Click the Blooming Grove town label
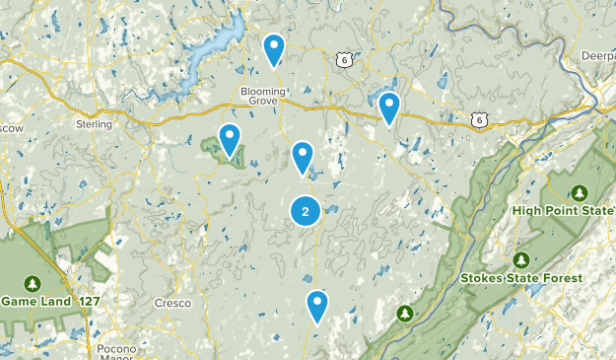click(261, 95)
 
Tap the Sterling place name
click(94, 124)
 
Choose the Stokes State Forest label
click(521, 278)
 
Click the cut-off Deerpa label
click(598, 56)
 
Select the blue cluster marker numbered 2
click(306, 210)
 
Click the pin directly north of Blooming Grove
click(274, 50)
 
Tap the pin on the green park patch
click(230, 141)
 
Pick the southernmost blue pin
click(316, 307)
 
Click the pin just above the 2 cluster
click(303, 158)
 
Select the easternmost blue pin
click(389, 108)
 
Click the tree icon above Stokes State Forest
click(520, 259)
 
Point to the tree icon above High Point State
click(579, 191)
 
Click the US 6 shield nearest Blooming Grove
click(343, 60)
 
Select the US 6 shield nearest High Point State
click(479, 119)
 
